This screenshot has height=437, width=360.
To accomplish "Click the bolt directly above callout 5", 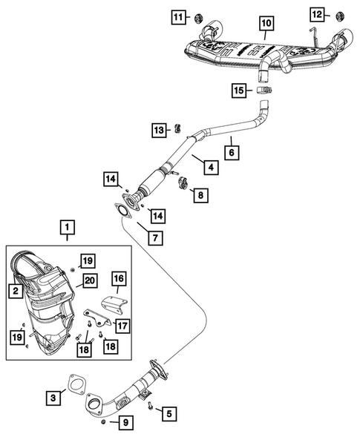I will [x=151, y=405].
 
